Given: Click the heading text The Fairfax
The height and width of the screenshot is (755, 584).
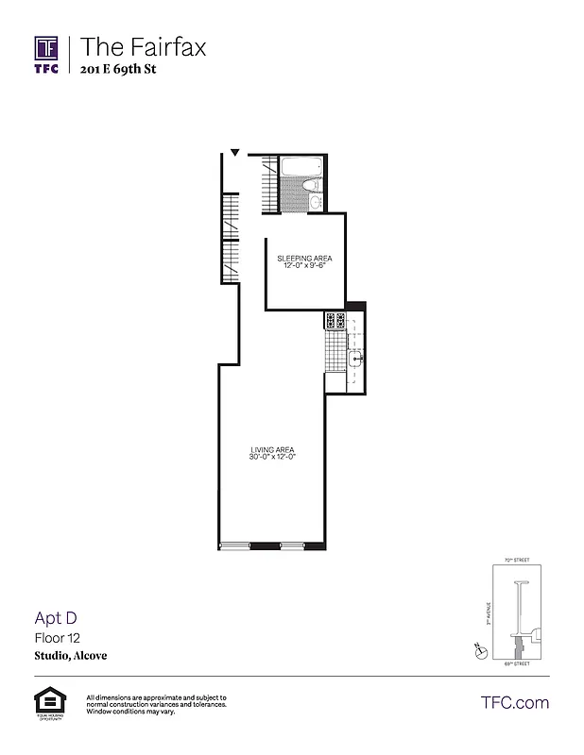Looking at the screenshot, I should pyautogui.click(x=143, y=45).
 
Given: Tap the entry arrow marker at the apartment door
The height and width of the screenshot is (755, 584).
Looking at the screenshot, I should pyautogui.click(x=235, y=152).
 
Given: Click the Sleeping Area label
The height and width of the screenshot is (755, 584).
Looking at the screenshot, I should pyautogui.click(x=304, y=258).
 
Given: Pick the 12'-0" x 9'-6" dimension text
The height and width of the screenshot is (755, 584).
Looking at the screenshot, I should pyautogui.click(x=304, y=265).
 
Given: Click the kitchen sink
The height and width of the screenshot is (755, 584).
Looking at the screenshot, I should pyautogui.click(x=357, y=359).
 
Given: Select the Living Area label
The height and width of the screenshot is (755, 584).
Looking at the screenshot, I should pyautogui.click(x=272, y=449).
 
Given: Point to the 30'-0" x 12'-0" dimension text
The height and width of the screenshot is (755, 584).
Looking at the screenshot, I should pyautogui.click(x=272, y=458).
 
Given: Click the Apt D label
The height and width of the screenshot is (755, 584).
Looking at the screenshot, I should pyautogui.click(x=55, y=618).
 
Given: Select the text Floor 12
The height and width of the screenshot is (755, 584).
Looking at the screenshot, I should pyautogui.click(x=56, y=638).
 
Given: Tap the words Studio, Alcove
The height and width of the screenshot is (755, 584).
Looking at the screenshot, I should pyautogui.click(x=71, y=656).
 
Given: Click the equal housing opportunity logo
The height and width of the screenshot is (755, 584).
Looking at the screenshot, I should pyautogui.click(x=45, y=702).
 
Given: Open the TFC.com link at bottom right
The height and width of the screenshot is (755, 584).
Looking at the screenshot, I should pyautogui.click(x=514, y=702).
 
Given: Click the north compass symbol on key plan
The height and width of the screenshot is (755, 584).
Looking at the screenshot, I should pyautogui.click(x=481, y=650).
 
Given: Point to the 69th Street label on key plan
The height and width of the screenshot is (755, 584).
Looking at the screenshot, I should pyautogui.click(x=516, y=663).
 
